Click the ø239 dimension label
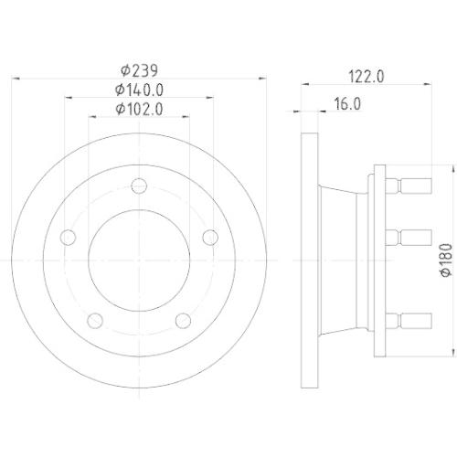(x=140, y=69)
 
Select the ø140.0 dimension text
(x=140, y=90)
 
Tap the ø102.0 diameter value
(x=140, y=110)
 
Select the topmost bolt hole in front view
(x=139, y=186)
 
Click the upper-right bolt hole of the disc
(x=210, y=238)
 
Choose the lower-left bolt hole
(x=95, y=320)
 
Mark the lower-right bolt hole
(x=183, y=320)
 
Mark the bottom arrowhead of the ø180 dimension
(x=450, y=348)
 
